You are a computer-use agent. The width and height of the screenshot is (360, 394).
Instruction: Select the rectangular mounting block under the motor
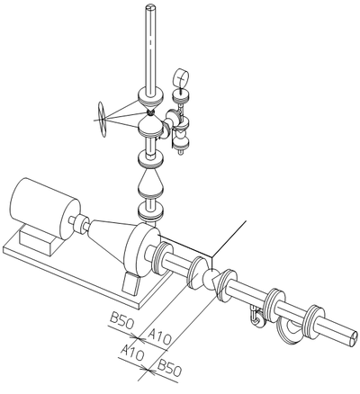point(39,240)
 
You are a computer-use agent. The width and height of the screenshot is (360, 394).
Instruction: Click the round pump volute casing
point(141,249)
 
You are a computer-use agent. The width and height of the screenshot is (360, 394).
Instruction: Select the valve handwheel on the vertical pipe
point(103,120)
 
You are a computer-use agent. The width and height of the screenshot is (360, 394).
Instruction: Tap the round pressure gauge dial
point(181,78)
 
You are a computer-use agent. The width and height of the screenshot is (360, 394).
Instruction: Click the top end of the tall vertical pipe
point(150,6)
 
